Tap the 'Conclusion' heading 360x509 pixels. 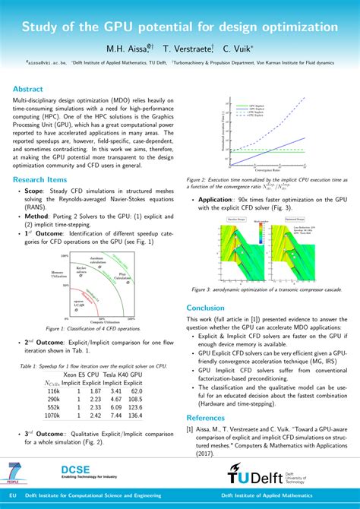coord(211,307)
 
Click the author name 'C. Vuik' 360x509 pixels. coord(240,47)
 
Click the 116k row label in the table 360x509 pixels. coord(53,390)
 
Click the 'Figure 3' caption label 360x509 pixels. coord(207,289)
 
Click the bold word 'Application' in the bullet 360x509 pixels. coord(220,198)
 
